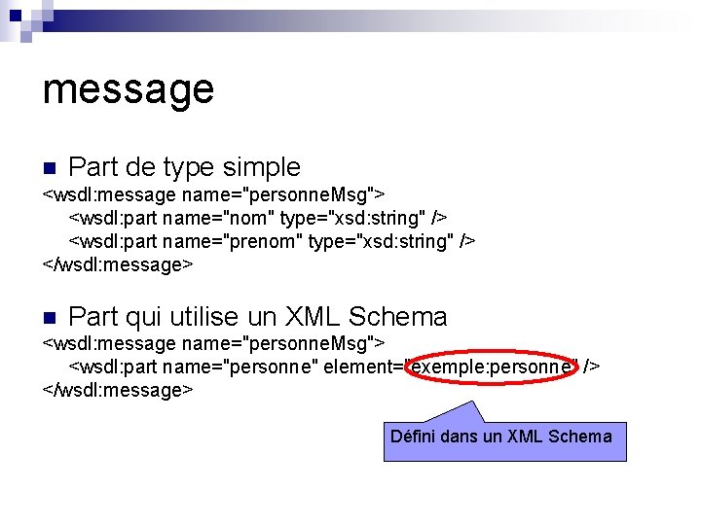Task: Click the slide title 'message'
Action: pyautogui.click(x=128, y=89)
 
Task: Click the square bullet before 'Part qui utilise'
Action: pyautogui.click(x=50, y=316)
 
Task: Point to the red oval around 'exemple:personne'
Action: pyautogui.click(x=491, y=367)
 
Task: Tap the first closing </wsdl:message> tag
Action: pyautogui.click(x=118, y=264)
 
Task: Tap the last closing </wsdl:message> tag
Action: pyautogui.click(x=118, y=390)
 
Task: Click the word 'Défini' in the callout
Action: pyautogui.click(x=413, y=437)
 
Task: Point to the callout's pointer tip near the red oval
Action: pyautogui.click(x=472, y=402)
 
